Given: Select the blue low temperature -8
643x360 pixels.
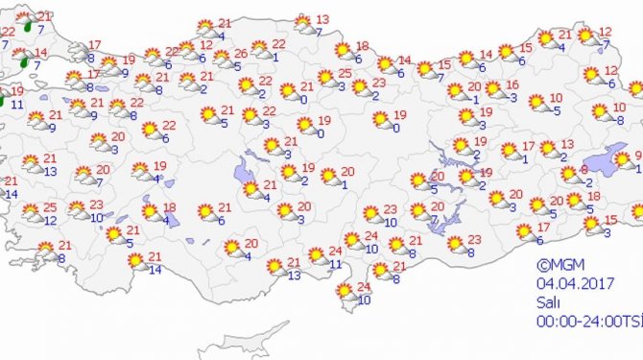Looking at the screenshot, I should pos(620,120).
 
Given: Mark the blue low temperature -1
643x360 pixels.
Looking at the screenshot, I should pos(527,158).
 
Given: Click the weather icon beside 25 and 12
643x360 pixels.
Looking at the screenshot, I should pos(32,214).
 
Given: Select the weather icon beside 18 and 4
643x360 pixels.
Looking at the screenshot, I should pos(151,212).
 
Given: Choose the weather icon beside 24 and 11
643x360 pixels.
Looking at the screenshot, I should pos(317,257).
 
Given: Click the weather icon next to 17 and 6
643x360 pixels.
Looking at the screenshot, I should pos(525,232).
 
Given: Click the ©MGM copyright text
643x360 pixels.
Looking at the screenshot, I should pos(557,264).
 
